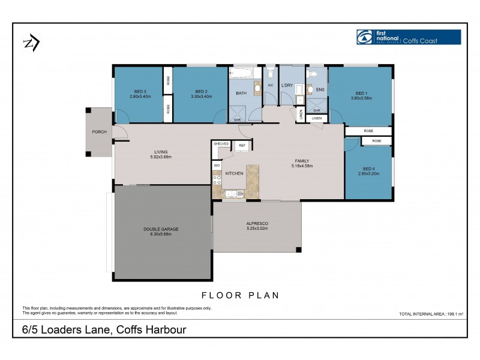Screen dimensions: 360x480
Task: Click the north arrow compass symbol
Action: tap(31, 43)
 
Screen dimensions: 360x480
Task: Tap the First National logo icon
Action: tap(364, 37)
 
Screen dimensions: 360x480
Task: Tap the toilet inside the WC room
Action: tap(270, 74)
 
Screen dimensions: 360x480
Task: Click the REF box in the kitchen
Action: tap(242, 145)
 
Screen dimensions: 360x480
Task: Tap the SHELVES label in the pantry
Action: tap(221, 145)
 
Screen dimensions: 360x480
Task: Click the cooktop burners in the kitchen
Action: tap(217, 178)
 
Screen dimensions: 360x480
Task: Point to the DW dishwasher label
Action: tap(240, 194)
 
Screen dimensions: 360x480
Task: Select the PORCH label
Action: tap(99, 132)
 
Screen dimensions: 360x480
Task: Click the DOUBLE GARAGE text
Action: tap(161, 229)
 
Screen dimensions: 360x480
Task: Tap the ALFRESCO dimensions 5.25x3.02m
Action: tap(257, 229)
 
